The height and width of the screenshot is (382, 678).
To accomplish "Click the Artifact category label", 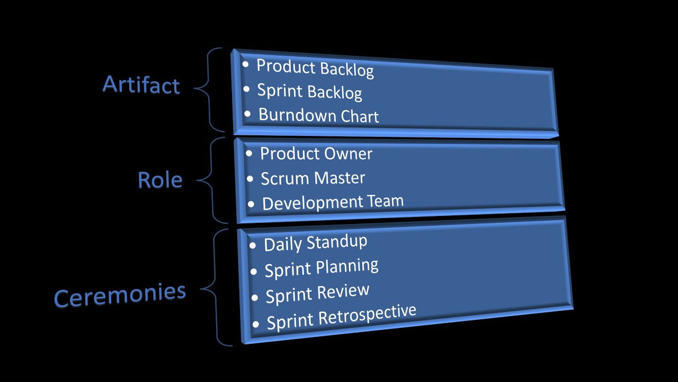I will pos(141,85).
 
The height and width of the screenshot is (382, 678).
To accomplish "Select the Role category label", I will pos(160,180).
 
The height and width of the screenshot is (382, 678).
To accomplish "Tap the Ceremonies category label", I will pos(120,294).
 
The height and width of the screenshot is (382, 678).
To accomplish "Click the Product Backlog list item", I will pos(315,67).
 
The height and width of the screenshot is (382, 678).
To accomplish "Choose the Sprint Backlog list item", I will pos(309,91).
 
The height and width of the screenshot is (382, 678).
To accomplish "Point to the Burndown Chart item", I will pos(318,115).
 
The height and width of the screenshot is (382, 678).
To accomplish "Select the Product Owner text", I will pos(316,153).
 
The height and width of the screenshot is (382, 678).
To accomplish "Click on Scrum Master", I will pos(313,178).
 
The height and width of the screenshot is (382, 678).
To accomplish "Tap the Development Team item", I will pos(333,202).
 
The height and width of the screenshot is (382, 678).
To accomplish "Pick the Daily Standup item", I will pos(315,242).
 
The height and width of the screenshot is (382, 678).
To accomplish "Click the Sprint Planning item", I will pos(321,267).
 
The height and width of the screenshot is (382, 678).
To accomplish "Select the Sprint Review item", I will pos(317,293).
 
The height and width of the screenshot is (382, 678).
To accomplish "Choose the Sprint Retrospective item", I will pos(341,317).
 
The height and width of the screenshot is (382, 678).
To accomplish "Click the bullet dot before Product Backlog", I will pos(245,65).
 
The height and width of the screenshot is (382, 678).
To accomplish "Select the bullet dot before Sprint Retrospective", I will pos(256,323).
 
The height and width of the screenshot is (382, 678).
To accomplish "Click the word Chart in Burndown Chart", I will pos(360,116).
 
